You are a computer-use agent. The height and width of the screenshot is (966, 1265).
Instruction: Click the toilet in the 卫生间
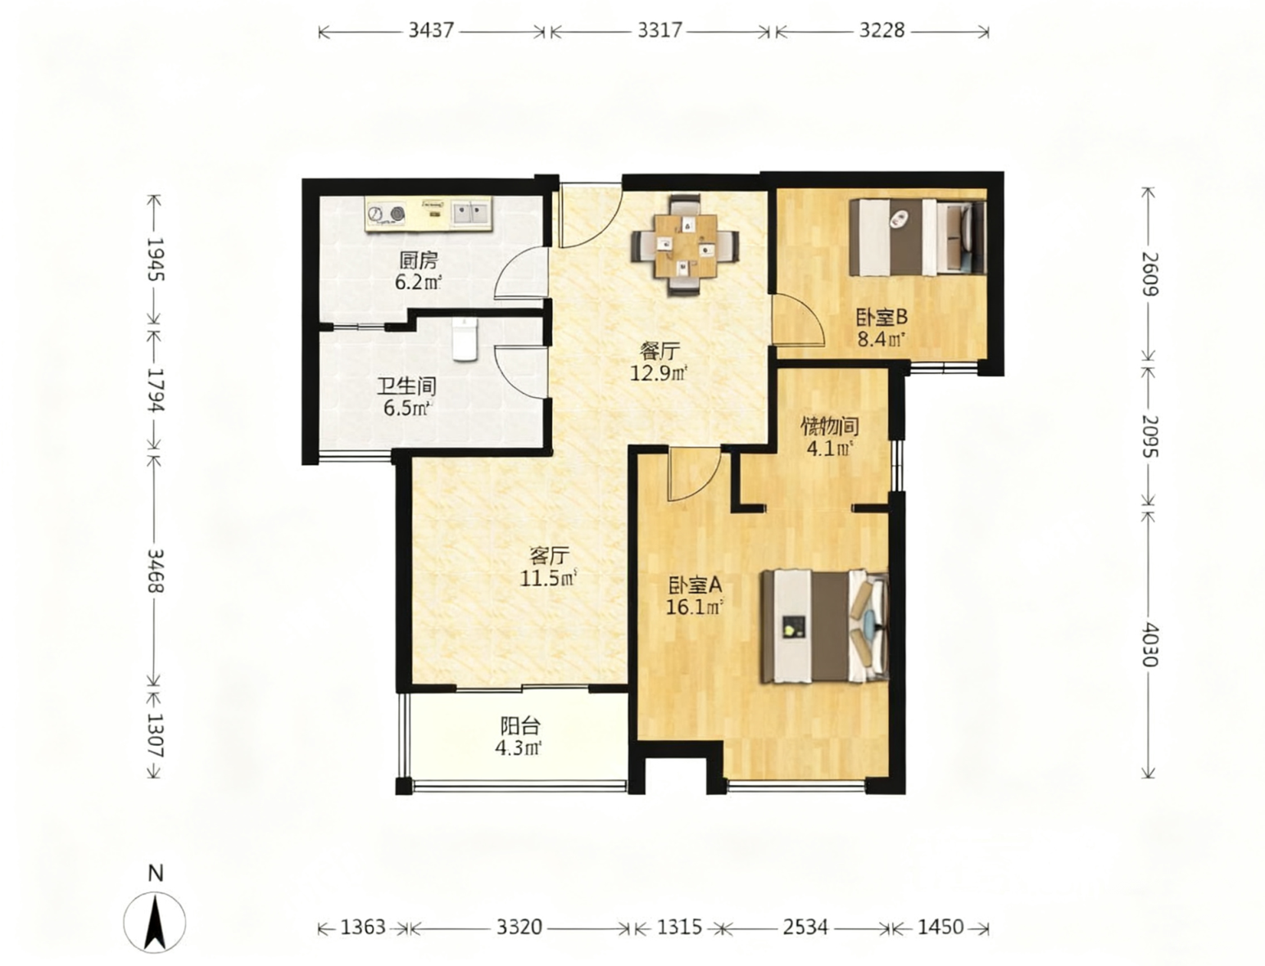[x=465, y=340]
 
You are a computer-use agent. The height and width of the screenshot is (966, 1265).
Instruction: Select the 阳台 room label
[x=519, y=725]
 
